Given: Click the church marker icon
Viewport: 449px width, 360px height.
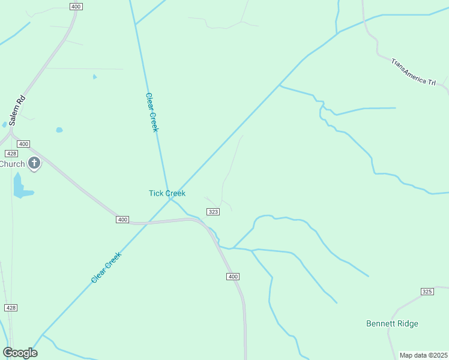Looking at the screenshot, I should click(34, 163).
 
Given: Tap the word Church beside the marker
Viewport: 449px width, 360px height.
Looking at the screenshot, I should click(12, 164).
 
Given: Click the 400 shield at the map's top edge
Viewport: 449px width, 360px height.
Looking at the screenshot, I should click(76, 7).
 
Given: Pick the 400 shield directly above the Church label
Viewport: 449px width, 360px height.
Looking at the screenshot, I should click(23, 144).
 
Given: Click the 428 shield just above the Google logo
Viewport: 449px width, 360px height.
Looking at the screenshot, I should click(11, 307).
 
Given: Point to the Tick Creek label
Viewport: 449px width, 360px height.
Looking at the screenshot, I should click(167, 193).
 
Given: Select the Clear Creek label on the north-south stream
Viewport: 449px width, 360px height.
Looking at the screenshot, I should click(151, 113).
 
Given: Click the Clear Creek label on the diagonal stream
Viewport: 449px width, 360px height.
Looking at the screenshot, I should click(106, 267).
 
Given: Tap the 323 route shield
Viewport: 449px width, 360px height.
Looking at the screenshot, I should click(212, 212).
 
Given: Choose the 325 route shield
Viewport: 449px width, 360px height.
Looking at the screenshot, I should click(427, 292).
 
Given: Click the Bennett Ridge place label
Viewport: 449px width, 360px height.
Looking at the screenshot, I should click(392, 323).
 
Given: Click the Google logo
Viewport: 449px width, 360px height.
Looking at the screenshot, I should click(20, 353).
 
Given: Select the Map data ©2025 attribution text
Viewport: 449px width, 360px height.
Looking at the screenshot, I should click(423, 355).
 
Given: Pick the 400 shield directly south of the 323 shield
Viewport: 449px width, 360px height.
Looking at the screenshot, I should click(234, 277).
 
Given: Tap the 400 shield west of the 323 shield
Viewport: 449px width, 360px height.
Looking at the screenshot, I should click(122, 220).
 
